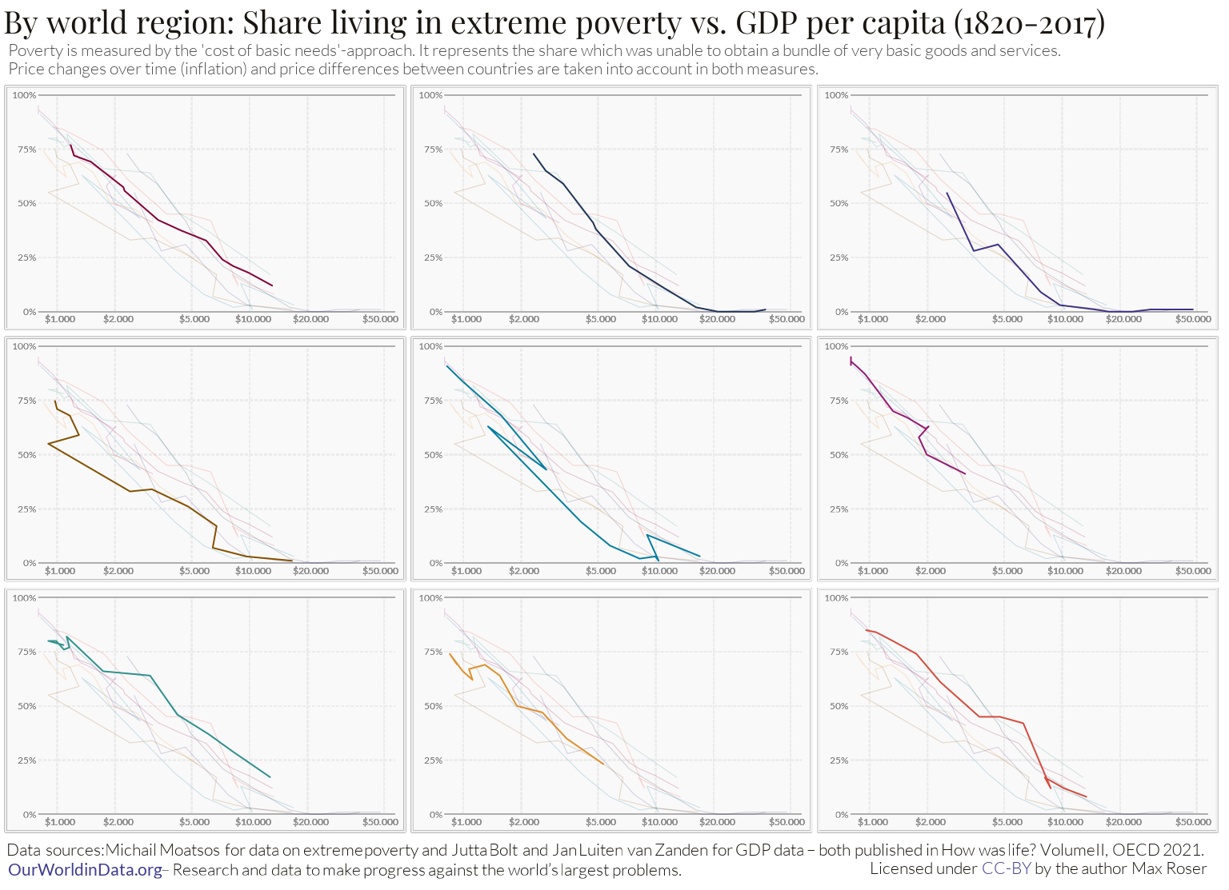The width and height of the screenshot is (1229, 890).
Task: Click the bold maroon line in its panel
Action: pos(158,220)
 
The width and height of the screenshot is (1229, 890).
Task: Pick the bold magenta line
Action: pos(893,411)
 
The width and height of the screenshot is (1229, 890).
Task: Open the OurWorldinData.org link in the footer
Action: pos(85,870)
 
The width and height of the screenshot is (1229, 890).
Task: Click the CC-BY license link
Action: pos(1007,868)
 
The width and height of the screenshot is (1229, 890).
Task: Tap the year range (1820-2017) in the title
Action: pos(1029,22)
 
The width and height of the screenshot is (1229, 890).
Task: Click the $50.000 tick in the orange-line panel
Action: pos(787,822)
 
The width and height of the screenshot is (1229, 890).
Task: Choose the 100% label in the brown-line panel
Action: pos(25,346)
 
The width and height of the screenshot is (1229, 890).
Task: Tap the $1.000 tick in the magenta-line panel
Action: pos(873,571)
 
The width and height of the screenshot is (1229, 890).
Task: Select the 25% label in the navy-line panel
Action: pos(433,257)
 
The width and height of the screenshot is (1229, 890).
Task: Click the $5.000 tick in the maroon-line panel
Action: pos(194,319)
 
